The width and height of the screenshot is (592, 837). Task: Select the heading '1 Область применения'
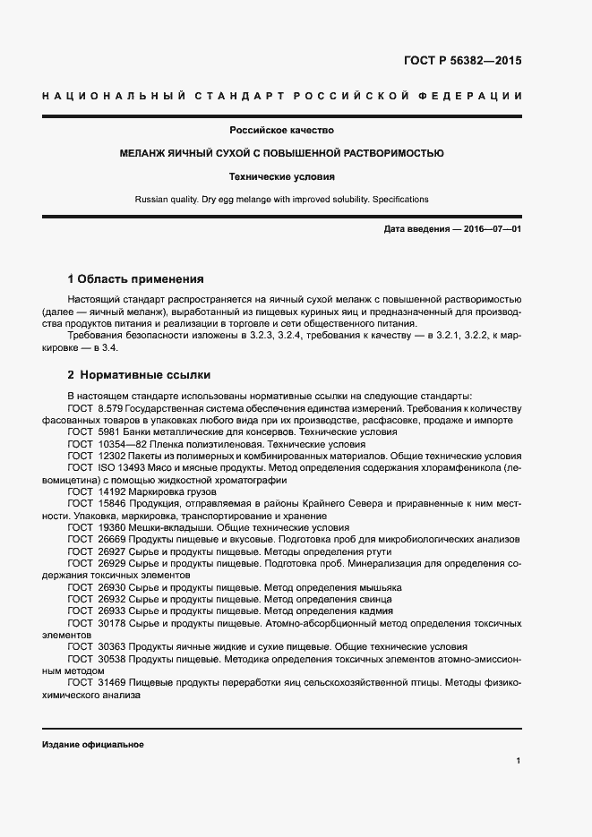pyautogui.click(x=135, y=278)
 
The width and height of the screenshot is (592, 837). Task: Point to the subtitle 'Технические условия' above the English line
pyautogui.click(x=281, y=176)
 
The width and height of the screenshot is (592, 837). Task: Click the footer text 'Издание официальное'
pyautogui.click(x=92, y=745)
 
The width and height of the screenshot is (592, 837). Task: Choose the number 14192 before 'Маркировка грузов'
pyautogui.click(x=111, y=491)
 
